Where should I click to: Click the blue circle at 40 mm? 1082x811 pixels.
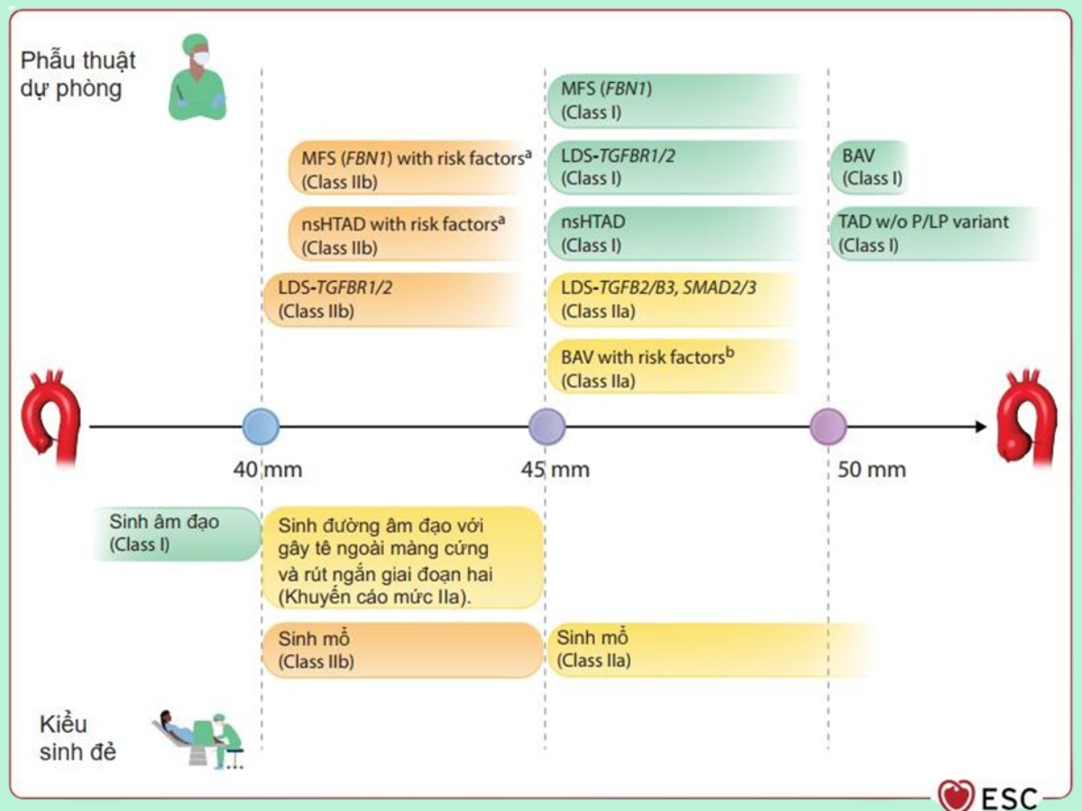pos(261,426)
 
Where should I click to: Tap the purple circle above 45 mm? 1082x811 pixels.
pos(546,426)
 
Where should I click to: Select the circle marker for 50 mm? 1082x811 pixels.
pos(828,426)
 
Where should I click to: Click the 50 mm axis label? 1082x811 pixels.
pos(871,469)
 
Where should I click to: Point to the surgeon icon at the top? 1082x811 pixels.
pos(197,77)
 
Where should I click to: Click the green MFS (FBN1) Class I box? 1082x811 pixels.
pos(674,101)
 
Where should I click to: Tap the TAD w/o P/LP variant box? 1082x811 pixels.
pos(933,233)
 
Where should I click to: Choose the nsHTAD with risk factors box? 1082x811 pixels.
pos(406,234)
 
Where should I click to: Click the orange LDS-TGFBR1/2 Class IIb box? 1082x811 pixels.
pos(393,300)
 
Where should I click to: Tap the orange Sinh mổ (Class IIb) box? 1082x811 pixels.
pos(402,650)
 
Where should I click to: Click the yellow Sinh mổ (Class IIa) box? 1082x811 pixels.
pos(708,650)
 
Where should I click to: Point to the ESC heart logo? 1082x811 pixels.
pos(956,796)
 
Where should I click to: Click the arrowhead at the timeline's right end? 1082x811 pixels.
pos(981,426)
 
